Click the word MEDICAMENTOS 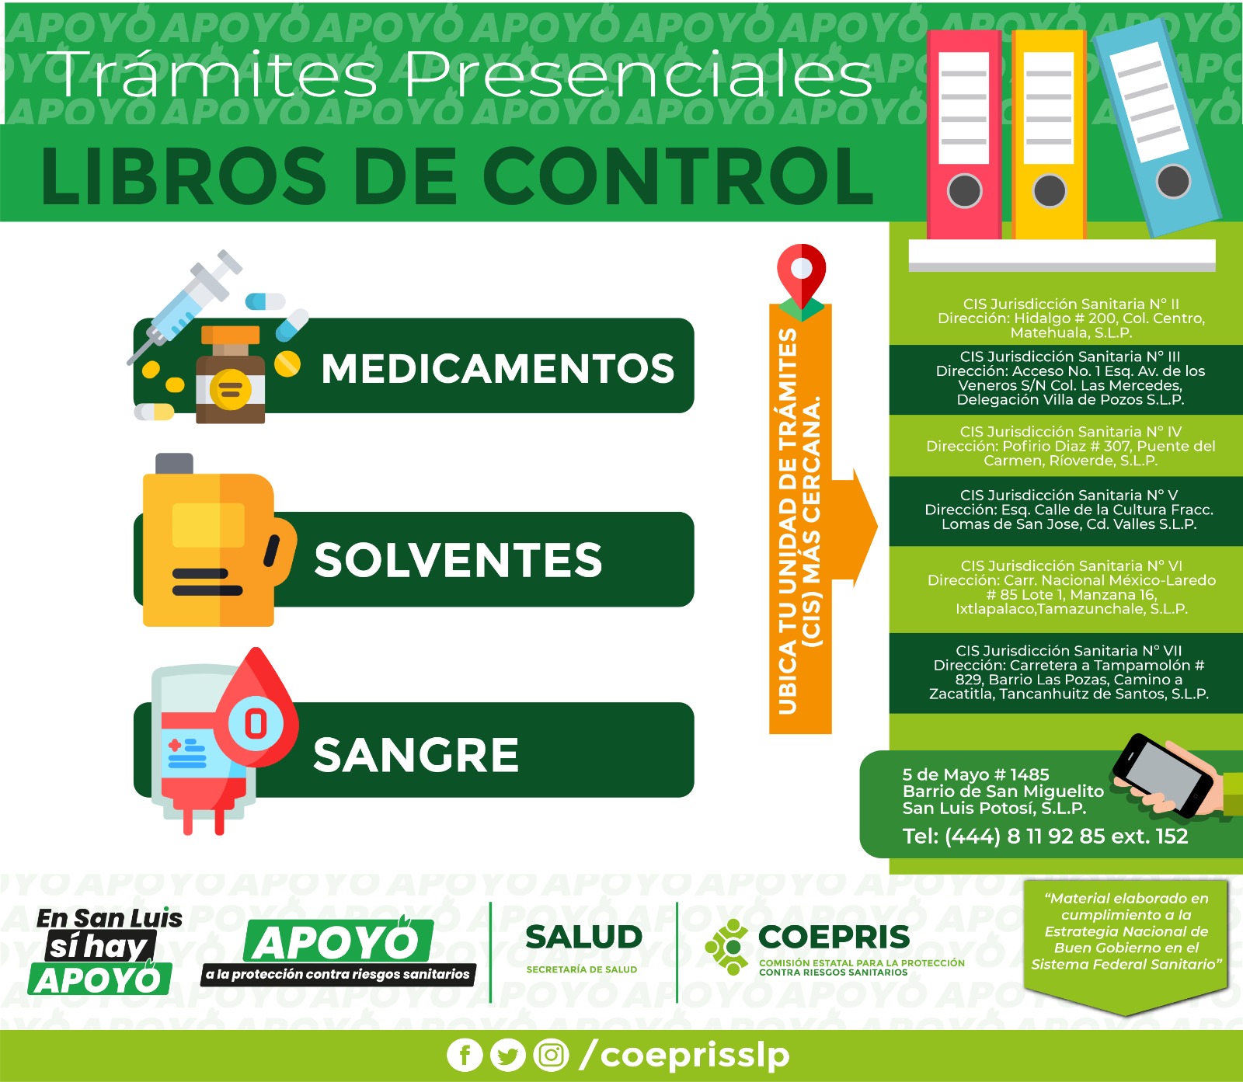[x=498, y=368]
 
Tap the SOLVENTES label [x=458, y=559]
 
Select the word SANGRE [x=416, y=754]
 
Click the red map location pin [x=801, y=276]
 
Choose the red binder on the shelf [x=964, y=134]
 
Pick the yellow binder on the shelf [x=1049, y=134]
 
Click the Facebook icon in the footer [x=465, y=1055]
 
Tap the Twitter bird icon [x=508, y=1055]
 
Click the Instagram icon [x=552, y=1055]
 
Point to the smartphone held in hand [x=1163, y=775]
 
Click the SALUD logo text [x=583, y=938]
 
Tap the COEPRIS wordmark [x=834, y=937]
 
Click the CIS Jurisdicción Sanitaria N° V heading [x=1069, y=496]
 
